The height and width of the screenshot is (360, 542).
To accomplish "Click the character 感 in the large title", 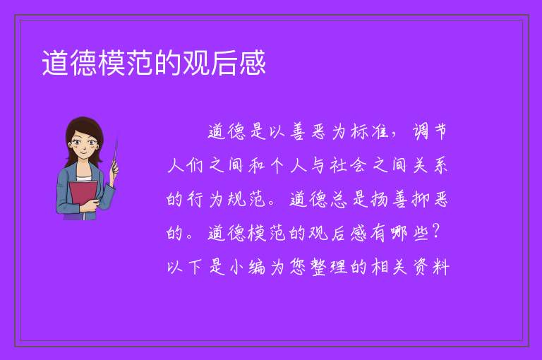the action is tap(253, 63).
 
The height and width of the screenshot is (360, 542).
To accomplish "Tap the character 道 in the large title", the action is tap(55, 63).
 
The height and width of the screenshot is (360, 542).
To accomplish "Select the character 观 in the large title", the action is tap(196, 63).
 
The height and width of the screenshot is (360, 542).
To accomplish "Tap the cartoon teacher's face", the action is tap(83, 145).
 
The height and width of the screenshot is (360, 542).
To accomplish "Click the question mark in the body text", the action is tap(436, 232).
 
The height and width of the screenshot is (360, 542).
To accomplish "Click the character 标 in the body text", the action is tap(359, 131).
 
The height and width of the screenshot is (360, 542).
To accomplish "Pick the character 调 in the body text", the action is tap(421, 131).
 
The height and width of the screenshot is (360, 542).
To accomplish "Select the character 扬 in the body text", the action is tap(380, 199).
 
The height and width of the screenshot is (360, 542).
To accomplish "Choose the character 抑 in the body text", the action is tap(421, 199).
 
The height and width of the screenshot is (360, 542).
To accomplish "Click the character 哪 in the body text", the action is tap(400, 233).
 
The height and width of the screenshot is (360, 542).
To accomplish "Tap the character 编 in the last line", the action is tap(257, 267).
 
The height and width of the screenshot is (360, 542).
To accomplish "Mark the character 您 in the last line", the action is tap(298, 267).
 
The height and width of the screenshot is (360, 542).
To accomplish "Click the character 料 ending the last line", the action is tap(441, 267).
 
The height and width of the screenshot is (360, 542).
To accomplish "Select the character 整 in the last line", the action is tap(318, 267).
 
